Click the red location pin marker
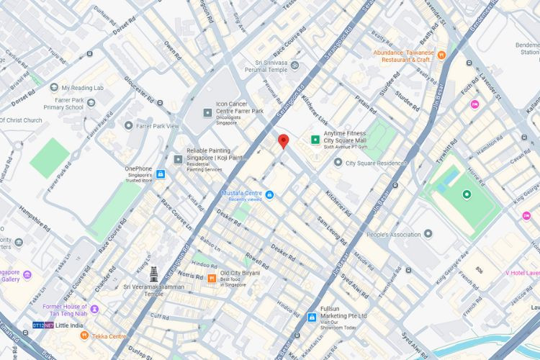point(283,140)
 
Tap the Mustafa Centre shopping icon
point(269,194)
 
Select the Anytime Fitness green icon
point(315,140)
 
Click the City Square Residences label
point(376,163)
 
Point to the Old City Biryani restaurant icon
point(212,278)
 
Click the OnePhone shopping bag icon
point(160,174)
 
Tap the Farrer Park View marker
point(129,125)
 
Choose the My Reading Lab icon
point(54,88)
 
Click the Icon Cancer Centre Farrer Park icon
point(208,112)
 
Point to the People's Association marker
point(428,234)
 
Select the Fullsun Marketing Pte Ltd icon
point(311,317)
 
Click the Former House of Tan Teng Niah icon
point(94,309)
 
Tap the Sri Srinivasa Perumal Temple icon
point(294,66)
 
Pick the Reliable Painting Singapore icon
point(178,159)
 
